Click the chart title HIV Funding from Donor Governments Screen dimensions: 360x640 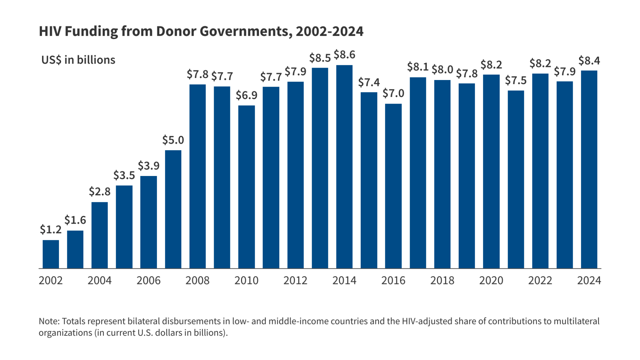click(x=201, y=31)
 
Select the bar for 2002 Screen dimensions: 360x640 click(x=51, y=254)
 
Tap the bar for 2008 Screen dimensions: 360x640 click(x=197, y=177)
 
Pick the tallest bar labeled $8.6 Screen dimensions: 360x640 click(x=344, y=167)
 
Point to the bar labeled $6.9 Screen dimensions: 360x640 click(x=246, y=187)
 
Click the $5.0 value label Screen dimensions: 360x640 click(x=173, y=140)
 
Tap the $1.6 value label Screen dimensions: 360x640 click(x=75, y=220)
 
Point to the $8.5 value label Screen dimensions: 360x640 click(x=320, y=58)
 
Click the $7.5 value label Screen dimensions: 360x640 click(x=516, y=80)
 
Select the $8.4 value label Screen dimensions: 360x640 click(x=589, y=61)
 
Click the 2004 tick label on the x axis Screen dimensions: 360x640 click(x=99, y=280)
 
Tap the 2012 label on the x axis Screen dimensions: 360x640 click(x=295, y=280)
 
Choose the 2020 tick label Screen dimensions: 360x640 click(x=491, y=280)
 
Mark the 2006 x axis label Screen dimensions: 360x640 click(x=148, y=280)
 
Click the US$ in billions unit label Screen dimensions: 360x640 click(x=78, y=60)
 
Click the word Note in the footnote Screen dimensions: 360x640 click(x=49, y=321)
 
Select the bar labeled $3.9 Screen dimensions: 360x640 click(x=148, y=222)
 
